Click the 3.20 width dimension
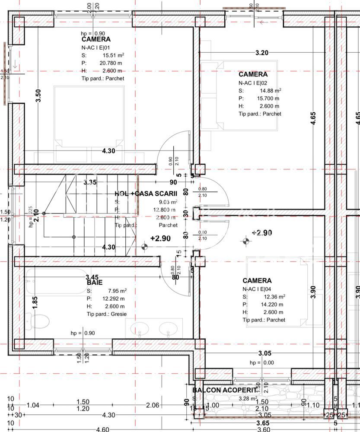point(262,53)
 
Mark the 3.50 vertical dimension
point(38,95)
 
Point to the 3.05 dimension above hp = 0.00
point(265,353)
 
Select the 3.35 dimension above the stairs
point(90,182)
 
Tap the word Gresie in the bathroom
point(118,314)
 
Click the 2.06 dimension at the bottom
point(153,405)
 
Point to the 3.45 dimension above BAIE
point(92,277)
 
